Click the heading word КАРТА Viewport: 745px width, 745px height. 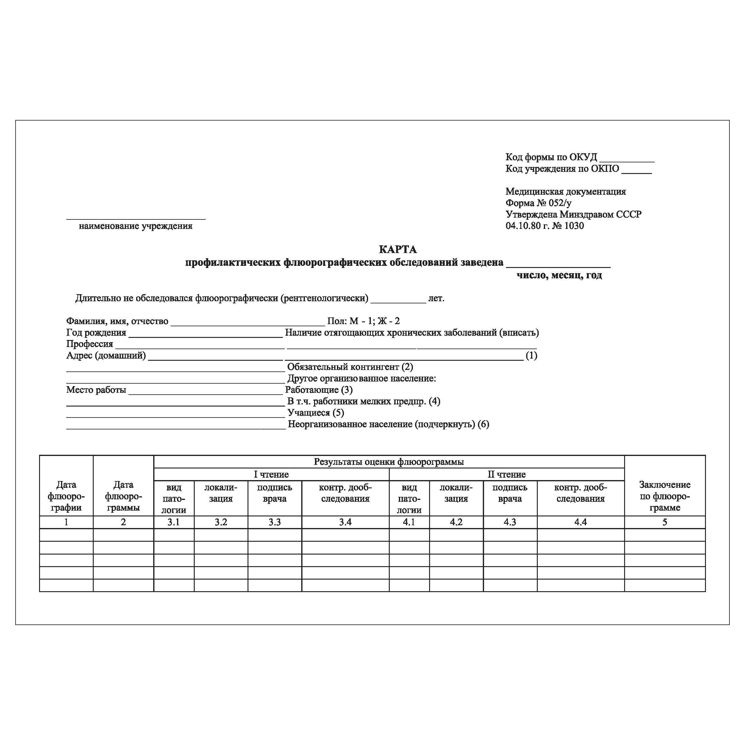398,249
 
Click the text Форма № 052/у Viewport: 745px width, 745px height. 538,203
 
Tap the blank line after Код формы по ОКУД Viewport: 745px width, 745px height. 627,158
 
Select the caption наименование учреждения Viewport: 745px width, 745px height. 136,226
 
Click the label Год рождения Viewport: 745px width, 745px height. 96,332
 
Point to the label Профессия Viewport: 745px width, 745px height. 89,344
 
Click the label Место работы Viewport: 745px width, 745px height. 96,390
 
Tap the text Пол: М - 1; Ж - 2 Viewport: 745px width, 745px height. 363,321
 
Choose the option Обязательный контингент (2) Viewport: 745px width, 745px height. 350,367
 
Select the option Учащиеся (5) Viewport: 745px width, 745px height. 316,413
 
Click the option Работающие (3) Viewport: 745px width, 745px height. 319,390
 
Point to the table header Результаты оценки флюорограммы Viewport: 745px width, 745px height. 389,461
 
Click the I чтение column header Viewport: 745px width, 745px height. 271,474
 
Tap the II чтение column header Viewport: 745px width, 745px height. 506,474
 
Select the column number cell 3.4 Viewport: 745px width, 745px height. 345,522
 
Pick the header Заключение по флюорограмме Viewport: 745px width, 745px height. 664,496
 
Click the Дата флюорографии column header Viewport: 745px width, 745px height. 66,496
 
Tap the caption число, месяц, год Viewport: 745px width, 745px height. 559,275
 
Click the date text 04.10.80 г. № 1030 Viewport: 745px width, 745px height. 544,226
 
